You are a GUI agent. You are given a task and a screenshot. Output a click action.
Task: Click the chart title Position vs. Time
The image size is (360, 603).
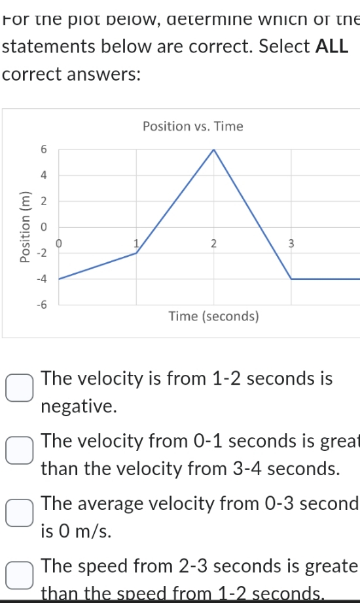192,126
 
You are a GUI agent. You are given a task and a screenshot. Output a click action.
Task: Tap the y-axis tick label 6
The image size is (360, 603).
43,149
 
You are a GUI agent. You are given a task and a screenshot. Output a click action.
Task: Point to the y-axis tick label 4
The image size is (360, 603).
43,175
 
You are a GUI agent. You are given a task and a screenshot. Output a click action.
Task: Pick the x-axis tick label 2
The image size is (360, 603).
213,244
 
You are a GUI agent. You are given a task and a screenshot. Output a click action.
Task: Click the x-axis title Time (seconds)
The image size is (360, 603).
214,317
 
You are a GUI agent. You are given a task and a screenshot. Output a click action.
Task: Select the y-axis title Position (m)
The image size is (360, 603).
26,227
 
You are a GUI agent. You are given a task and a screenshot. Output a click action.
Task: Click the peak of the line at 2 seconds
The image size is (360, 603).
213,150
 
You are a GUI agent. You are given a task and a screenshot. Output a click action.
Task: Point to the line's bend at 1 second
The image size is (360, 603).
136,253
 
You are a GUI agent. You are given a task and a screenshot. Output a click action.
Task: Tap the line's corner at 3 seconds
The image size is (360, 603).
291,279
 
